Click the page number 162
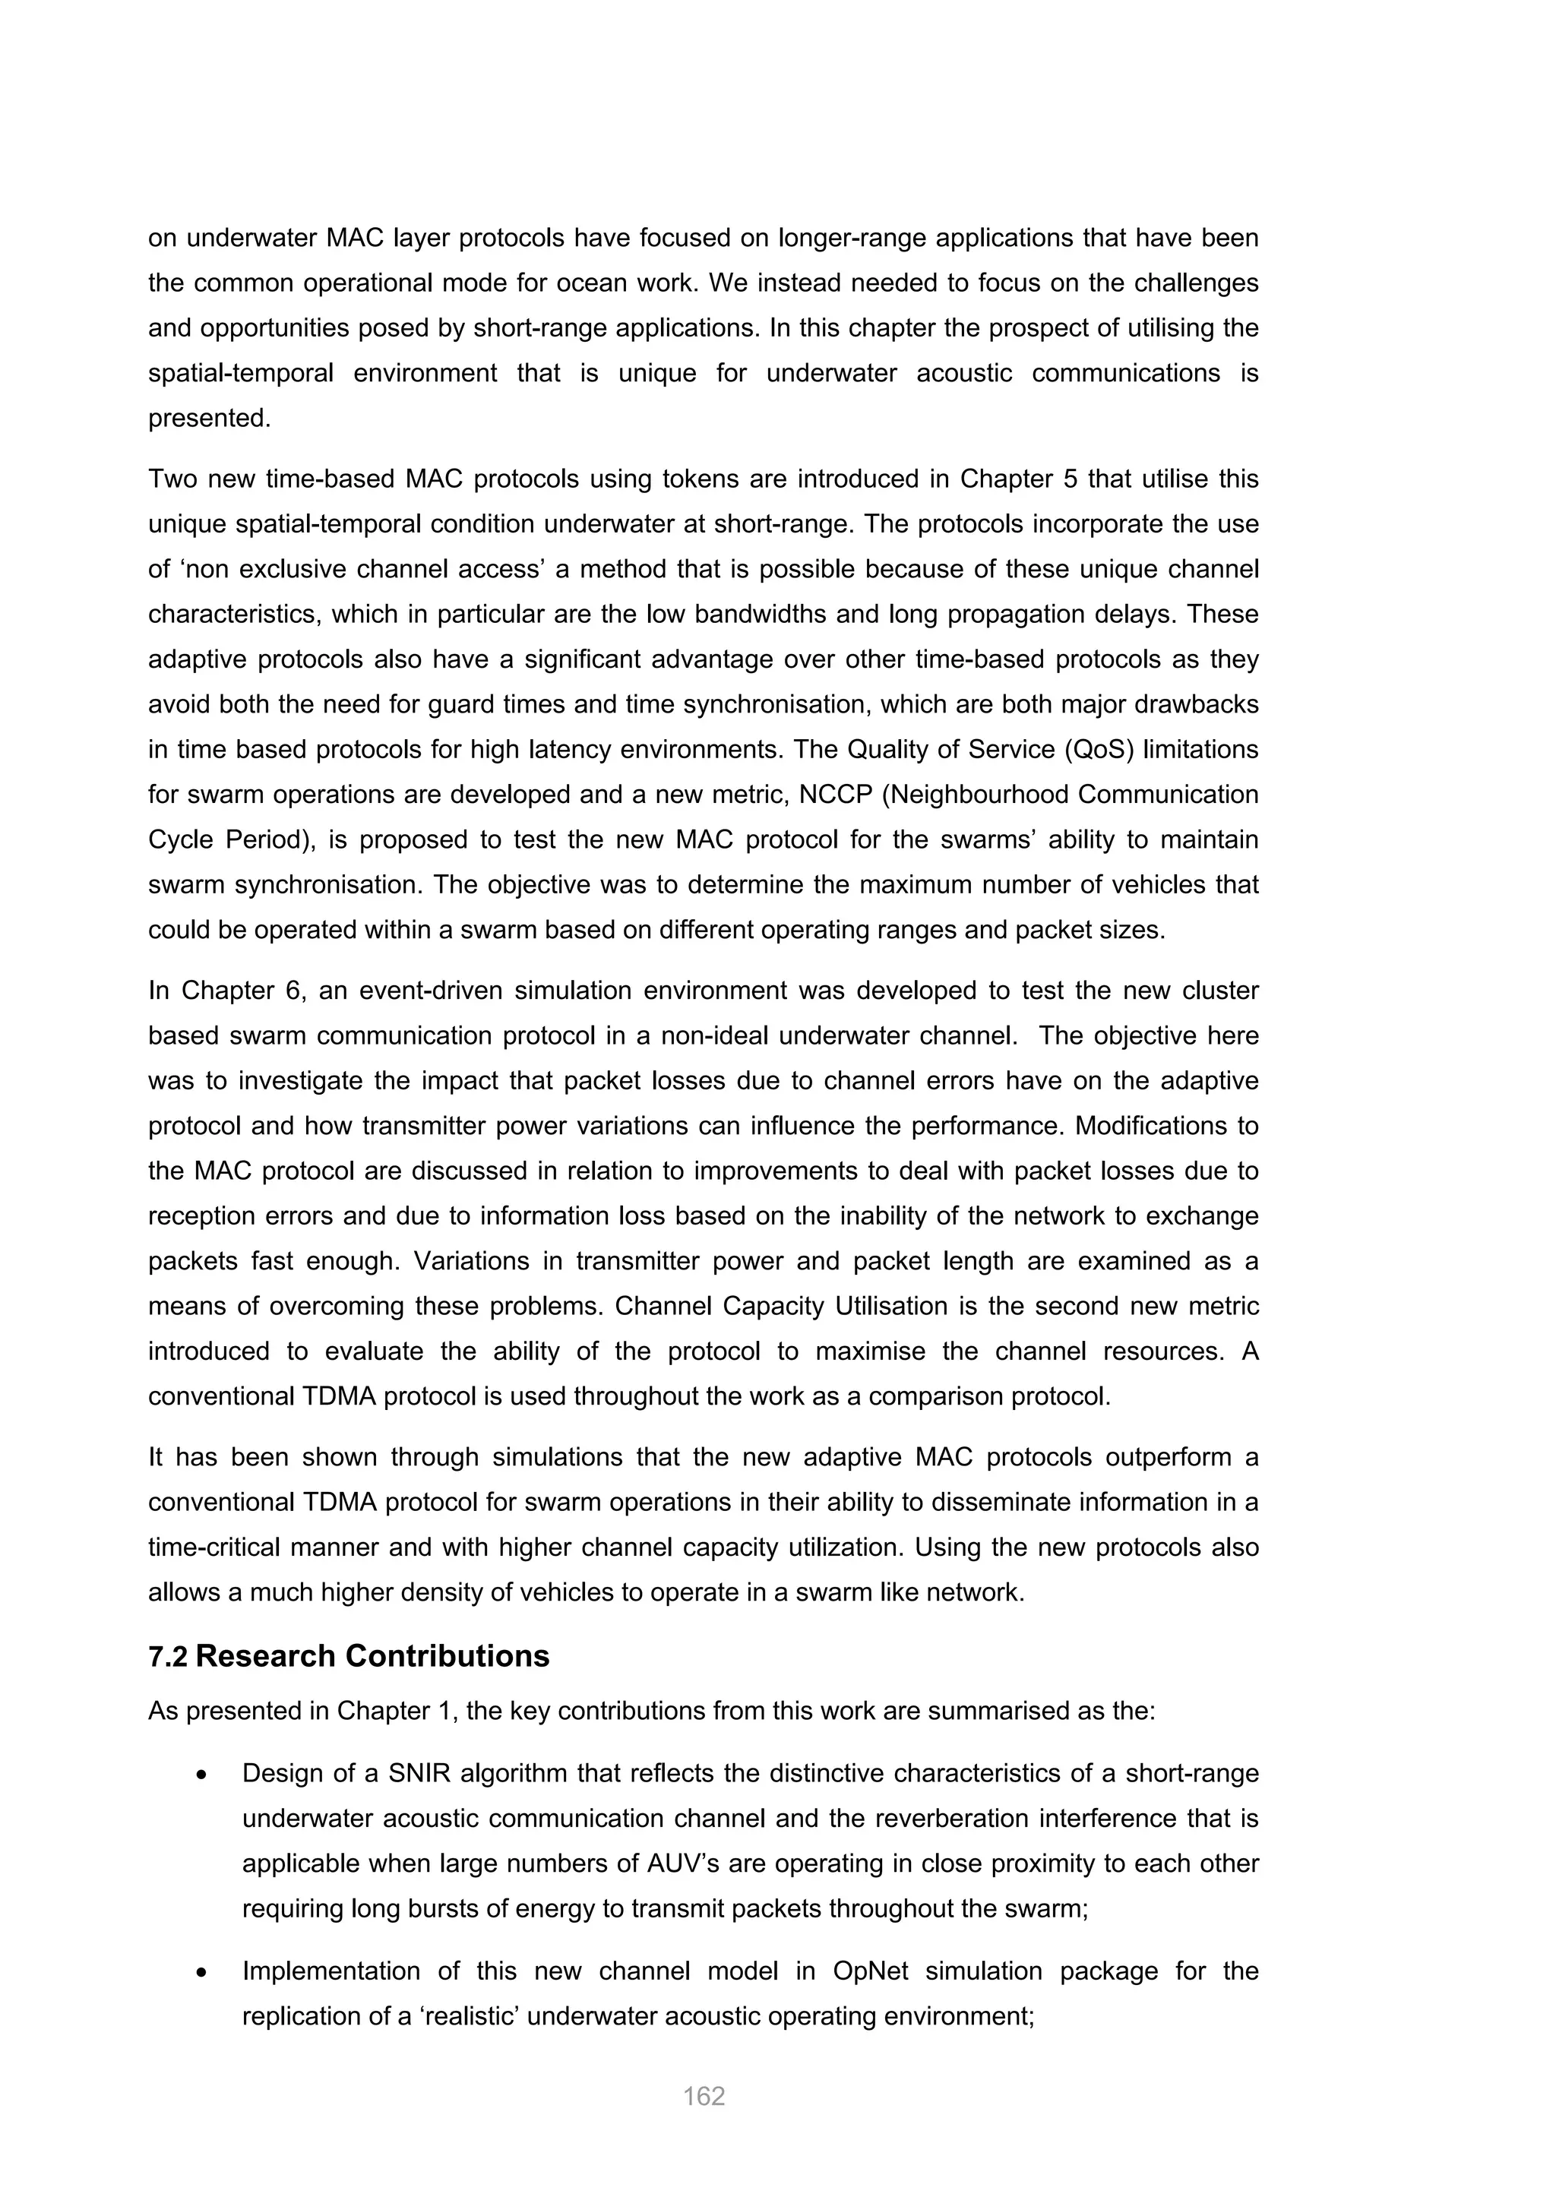point(704,2097)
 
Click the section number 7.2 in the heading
point(168,1657)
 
